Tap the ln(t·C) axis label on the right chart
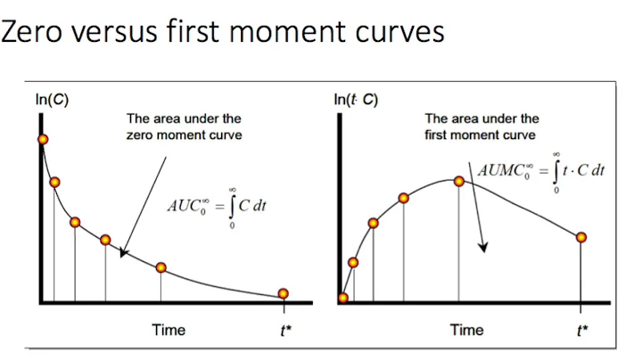[356, 99]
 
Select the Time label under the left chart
[169, 330]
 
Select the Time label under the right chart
[466, 330]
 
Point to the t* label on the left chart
[285, 330]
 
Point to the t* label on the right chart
[582, 330]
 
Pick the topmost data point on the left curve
[42, 139]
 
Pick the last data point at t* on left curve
[284, 293]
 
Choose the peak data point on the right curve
[459, 181]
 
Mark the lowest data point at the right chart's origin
[343, 299]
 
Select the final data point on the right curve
[581, 237]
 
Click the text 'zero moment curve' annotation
[185, 135]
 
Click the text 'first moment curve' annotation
[481, 135]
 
